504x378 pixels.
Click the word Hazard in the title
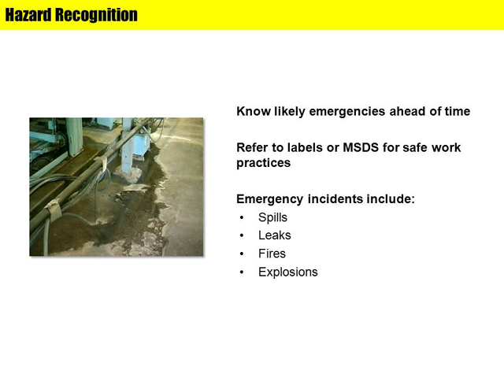pos(28,15)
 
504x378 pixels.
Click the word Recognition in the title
pos(96,15)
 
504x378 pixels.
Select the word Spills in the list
pos(272,217)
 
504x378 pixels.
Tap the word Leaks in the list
pos(275,235)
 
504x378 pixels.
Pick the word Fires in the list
pos(272,254)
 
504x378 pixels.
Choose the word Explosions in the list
pos(288,272)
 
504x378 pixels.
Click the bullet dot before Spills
pos(242,218)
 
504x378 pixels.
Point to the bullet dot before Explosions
pos(242,272)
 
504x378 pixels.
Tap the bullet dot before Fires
pos(242,254)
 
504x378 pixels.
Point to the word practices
pos(264,163)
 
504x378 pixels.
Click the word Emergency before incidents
pos(269,199)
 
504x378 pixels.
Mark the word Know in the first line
pos(254,111)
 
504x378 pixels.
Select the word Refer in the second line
pos(250,147)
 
